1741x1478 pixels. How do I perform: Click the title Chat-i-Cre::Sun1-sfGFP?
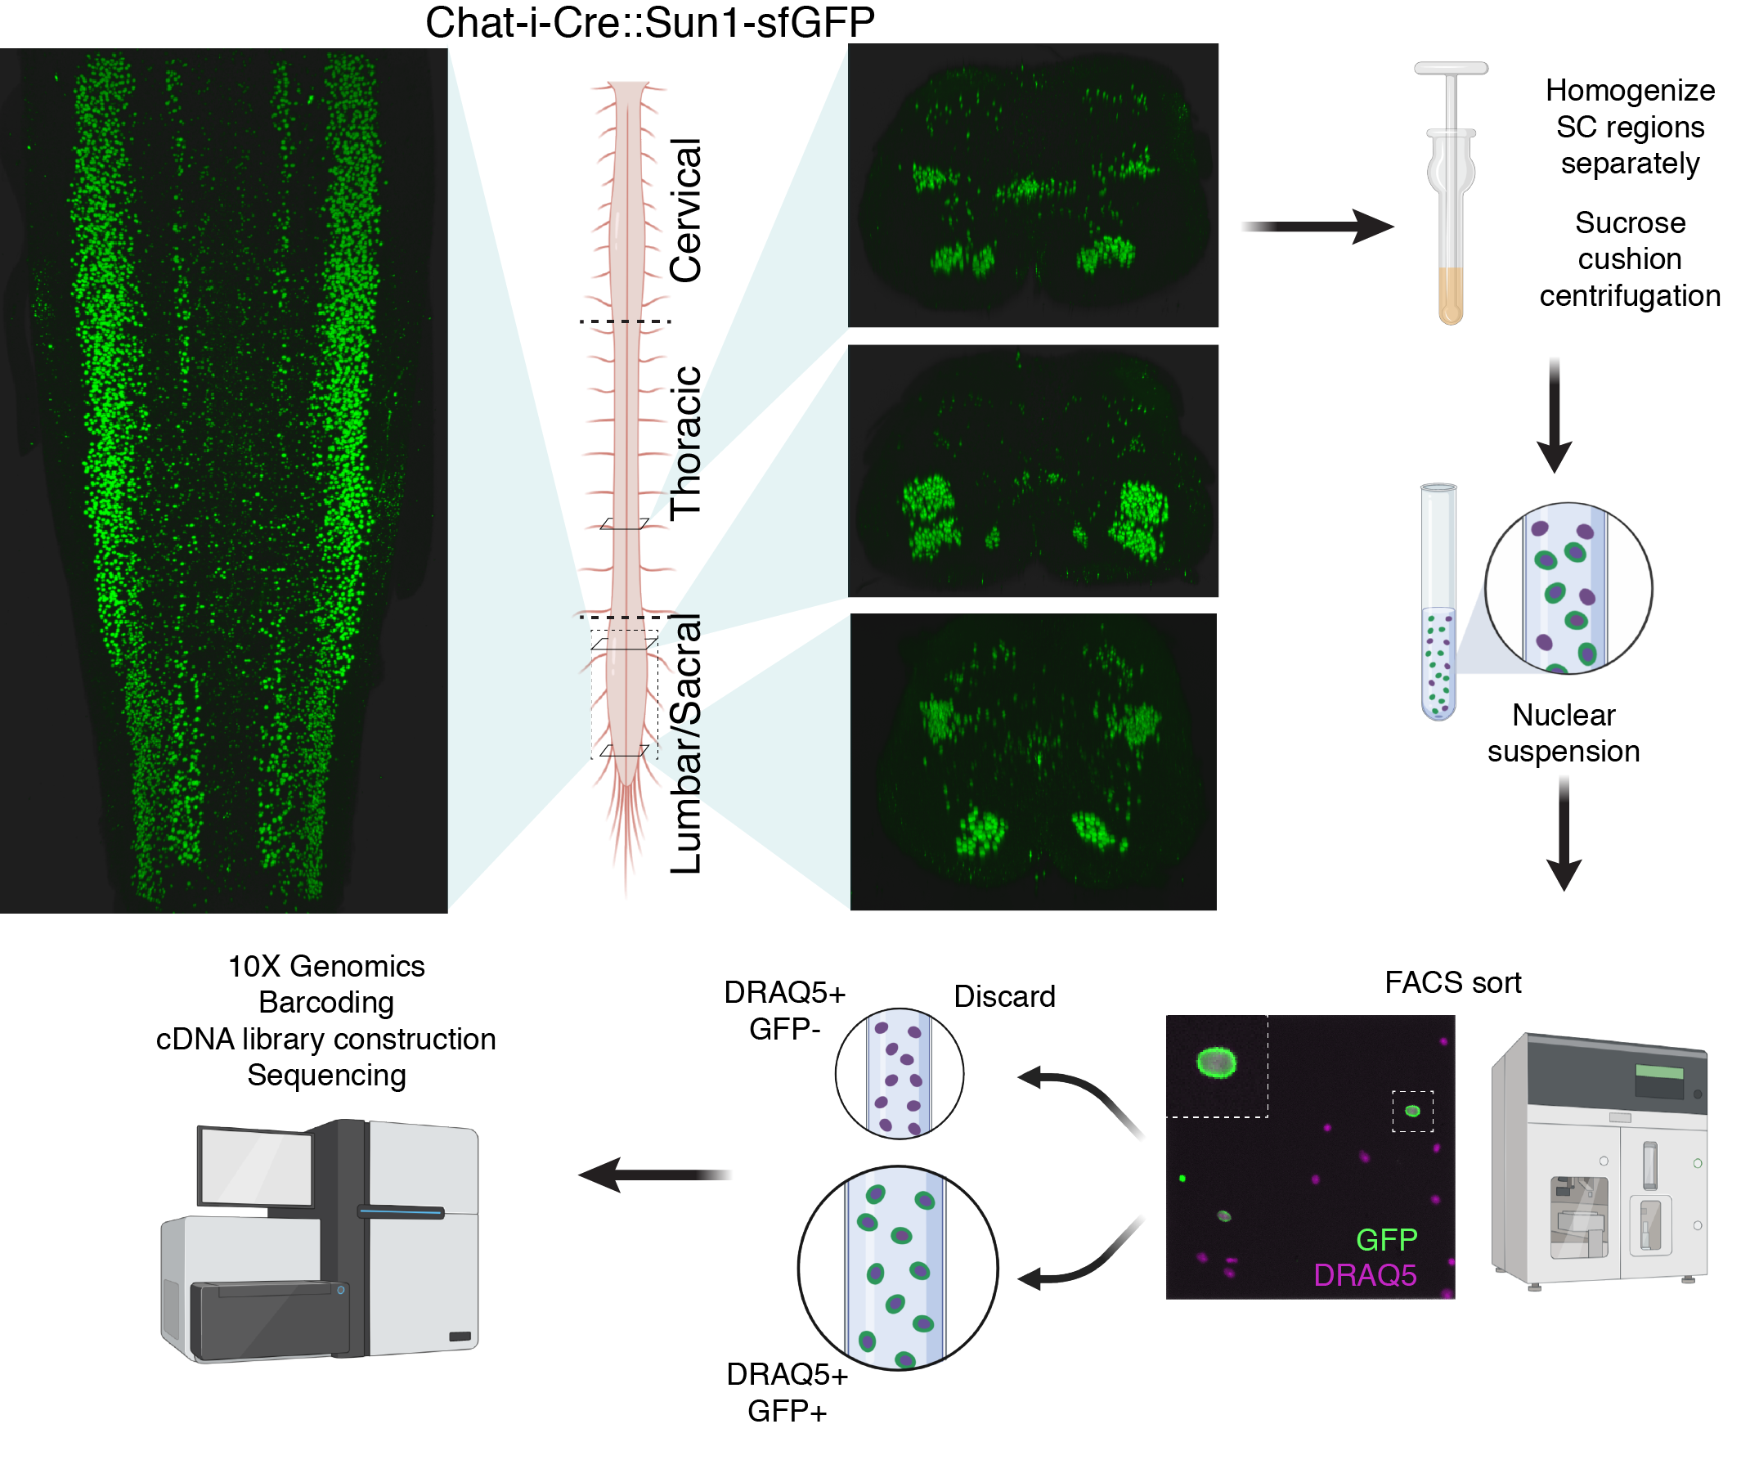[649, 23]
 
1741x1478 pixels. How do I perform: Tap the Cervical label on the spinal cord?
[685, 209]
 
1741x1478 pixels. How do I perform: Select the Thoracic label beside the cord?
[685, 443]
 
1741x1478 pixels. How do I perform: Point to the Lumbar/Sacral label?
[685, 744]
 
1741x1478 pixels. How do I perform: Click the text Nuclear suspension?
[1563, 732]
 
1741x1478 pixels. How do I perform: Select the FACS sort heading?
[1452, 982]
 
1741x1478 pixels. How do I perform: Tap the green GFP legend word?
[1386, 1239]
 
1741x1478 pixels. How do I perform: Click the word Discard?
[1003, 996]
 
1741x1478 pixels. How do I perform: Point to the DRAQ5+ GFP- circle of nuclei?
[899, 1073]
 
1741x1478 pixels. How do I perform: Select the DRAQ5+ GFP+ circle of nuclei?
[897, 1268]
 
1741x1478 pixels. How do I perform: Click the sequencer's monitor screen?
[254, 1167]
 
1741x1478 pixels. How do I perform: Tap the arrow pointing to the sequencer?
[653, 1174]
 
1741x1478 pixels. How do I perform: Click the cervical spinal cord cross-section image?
[1032, 185]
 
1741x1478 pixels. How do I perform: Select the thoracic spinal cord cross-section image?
[1032, 470]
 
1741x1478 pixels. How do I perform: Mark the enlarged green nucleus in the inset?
[1217, 1062]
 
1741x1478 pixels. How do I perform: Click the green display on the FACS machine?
[1658, 1071]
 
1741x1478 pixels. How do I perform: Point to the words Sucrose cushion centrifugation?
[1629, 259]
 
